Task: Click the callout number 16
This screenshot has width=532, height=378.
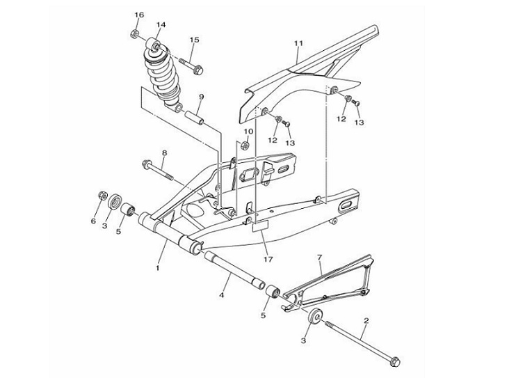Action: [138, 15]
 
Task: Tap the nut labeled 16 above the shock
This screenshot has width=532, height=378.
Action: [135, 33]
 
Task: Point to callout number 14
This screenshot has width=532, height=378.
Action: [161, 25]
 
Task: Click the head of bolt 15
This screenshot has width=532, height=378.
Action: [198, 69]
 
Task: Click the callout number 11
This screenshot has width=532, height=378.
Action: [298, 44]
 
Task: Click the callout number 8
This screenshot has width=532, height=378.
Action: [165, 152]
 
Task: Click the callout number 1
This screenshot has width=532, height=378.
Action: [158, 267]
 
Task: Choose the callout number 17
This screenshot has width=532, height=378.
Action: [268, 259]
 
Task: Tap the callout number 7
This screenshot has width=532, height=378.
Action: [319, 258]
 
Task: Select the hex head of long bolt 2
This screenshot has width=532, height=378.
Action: [395, 361]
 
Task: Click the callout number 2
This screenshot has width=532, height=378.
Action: [366, 321]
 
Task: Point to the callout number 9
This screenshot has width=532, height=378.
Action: [201, 97]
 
